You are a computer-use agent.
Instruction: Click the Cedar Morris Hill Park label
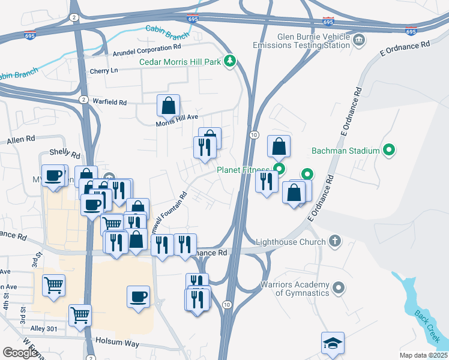point(179,62)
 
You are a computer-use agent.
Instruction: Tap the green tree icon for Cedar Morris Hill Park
point(229,61)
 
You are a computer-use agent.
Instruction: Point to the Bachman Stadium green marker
point(389,150)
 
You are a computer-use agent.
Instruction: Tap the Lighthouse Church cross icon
point(336,242)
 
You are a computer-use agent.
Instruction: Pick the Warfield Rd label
point(110,102)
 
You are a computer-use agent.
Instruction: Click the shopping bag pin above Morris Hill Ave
point(169,106)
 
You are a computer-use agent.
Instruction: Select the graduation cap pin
point(333,343)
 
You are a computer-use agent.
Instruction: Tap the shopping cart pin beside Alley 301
point(80,314)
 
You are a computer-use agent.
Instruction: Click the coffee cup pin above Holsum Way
point(139,296)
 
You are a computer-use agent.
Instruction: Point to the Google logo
point(20,353)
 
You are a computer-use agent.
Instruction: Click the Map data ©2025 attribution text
point(423,355)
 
